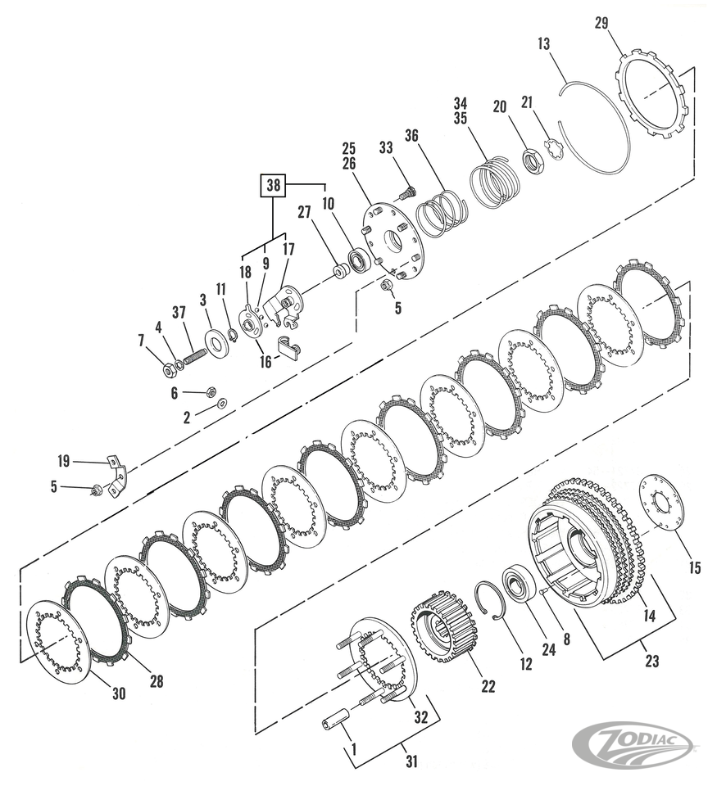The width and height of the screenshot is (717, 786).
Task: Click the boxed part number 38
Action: (273, 187)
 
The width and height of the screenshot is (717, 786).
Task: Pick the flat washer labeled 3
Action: (217, 342)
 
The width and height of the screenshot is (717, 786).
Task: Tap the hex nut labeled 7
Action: (167, 371)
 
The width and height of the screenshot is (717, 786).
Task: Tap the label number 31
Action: (411, 761)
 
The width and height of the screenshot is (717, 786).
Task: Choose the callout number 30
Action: (119, 693)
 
